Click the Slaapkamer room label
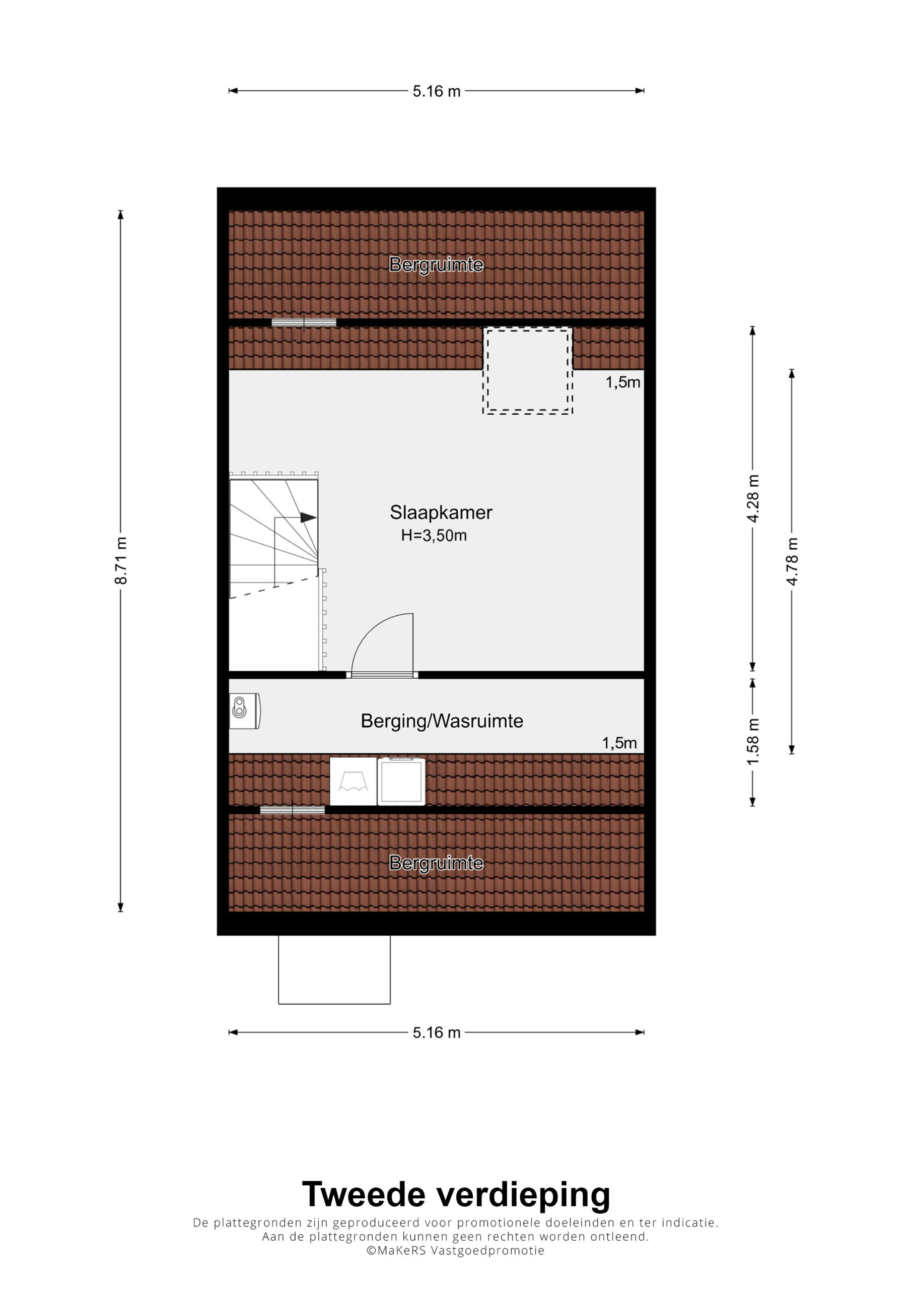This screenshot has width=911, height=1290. (441, 512)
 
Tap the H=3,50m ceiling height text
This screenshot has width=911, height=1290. (434, 536)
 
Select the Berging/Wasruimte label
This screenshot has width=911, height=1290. (442, 721)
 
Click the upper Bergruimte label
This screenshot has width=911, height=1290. (437, 265)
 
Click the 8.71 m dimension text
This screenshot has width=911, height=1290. (121, 561)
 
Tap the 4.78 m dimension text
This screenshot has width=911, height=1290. (792, 561)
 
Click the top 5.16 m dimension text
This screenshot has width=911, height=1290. (437, 91)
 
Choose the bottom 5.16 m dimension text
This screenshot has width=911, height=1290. (437, 1032)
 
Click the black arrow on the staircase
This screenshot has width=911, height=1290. (308, 518)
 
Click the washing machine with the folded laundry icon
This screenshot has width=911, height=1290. (354, 782)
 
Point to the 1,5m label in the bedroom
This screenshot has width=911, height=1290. (622, 382)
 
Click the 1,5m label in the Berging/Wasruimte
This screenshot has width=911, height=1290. (619, 743)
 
